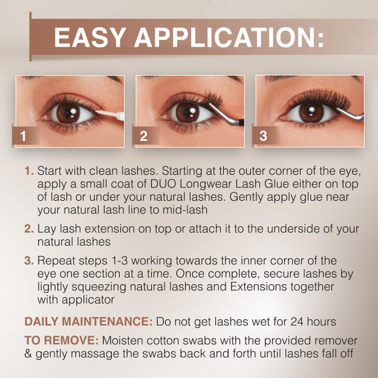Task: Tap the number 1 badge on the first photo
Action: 23,136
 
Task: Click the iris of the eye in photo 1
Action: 67,112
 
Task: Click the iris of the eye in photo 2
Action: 187,111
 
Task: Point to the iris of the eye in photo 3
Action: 308,112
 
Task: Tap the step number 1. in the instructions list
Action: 29,170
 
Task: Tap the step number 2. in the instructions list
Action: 29,228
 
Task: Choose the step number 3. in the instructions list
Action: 29,260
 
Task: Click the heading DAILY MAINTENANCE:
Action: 88,321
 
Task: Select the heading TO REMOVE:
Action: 60,341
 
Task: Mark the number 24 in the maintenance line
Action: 288,321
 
